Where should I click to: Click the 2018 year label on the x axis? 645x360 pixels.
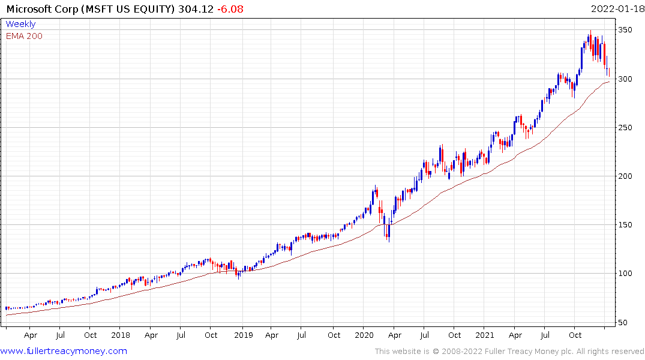[120, 335]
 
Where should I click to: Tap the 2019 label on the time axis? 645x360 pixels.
[242, 335]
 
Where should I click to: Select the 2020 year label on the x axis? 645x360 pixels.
[365, 335]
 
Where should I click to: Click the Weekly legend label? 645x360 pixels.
[20, 24]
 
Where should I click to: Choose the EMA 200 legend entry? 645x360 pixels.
[24, 36]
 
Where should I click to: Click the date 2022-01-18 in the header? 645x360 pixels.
[616, 8]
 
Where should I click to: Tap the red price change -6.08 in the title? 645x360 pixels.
[231, 8]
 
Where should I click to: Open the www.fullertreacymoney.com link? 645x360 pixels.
[64, 351]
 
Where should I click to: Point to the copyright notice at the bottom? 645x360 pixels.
[509, 351]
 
